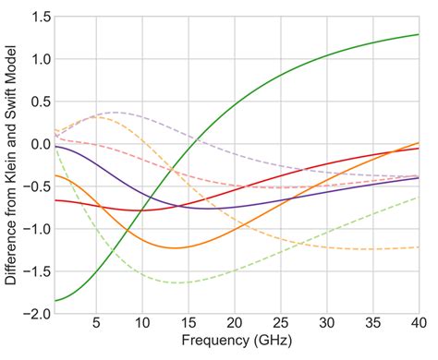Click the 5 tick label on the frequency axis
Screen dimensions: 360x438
click(96, 324)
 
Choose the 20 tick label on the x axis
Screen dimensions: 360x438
click(235, 324)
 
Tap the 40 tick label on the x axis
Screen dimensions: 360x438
click(418, 324)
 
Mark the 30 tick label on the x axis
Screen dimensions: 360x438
click(326, 324)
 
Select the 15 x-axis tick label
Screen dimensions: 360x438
click(189, 324)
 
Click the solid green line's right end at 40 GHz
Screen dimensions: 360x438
click(418, 35)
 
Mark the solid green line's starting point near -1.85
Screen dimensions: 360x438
click(55, 300)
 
